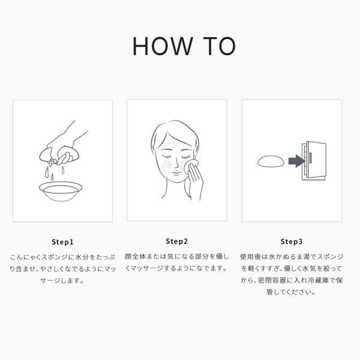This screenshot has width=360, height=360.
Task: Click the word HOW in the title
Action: pos(163,46)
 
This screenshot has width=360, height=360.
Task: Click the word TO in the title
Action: pos(220,46)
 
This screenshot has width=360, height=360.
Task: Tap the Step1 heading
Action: pos(62,242)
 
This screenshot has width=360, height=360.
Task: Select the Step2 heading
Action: pos(176,241)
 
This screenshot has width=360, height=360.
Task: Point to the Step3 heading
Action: pos(292,242)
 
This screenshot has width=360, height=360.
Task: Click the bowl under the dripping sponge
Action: pos(61,191)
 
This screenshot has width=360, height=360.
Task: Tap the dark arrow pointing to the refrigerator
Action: pos(296,161)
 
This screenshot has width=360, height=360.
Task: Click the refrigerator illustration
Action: pos(314,160)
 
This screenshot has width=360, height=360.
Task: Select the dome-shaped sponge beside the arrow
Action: pos(271,161)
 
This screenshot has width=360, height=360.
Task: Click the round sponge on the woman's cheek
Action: pos(190,166)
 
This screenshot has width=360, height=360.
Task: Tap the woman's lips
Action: pos(176,172)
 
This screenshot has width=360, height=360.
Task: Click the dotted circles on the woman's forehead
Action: pos(175,145)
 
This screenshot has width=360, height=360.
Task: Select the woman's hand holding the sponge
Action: pos(195,179)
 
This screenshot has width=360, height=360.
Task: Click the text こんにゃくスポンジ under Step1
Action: pos(39,257)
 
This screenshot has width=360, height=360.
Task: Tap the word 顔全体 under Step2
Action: pos(135,256)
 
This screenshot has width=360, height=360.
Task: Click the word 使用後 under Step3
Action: pos(250,257)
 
